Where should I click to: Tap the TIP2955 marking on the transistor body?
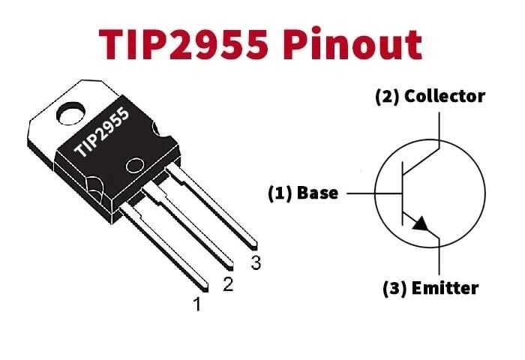pos(102,132)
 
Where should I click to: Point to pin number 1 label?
pos(197,304)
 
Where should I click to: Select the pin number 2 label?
pos(228,285)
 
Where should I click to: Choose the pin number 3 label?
pos(256,263)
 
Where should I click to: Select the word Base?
pos(317,193)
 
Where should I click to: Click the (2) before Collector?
pos(388,97)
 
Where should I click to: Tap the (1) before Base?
pos(281,193)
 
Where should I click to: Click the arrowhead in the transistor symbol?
pos(423,225)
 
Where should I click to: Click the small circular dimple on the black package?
pos(135,166)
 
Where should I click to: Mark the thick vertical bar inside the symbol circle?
pos(403,193)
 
